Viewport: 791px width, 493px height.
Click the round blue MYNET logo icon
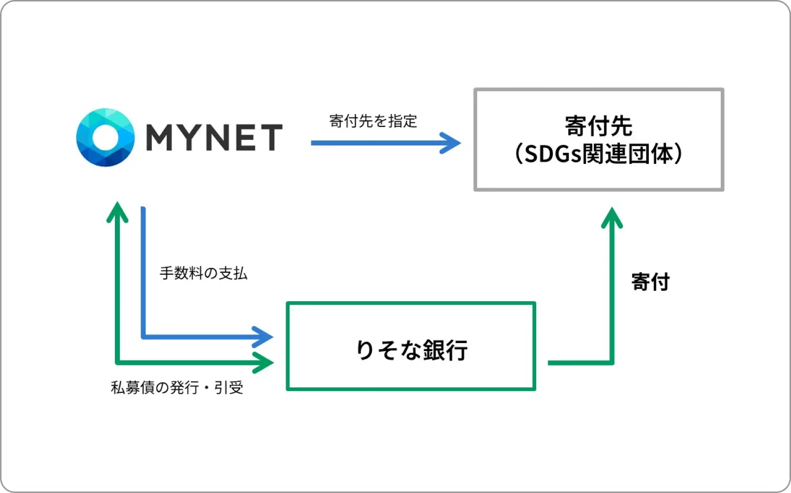pyautogui.click(x=105, y=137)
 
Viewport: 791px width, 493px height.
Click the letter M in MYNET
pyautogui.click(x=161, y=137)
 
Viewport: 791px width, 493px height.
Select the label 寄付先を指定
pyautogui.click(x=373, y=121)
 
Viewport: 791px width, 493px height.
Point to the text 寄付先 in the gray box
pyautogui.click(x=598, y=126)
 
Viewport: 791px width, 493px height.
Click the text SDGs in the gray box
pyautogui.click(x=553, y=154)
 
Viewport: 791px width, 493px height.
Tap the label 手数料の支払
pyautogui.click(x=203, y=273)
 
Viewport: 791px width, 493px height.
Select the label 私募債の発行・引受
pyautogui.click(x=177, y=387)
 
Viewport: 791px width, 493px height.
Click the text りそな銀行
pyautogui.click(x=411, y=350)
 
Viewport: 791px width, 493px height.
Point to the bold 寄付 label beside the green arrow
pyautogui.click(x=650, y=282)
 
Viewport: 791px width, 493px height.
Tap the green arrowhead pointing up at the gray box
pyautogui.click(x=612, y=217)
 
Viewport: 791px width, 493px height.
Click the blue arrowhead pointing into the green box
pyautogui.click(x=263, y=337)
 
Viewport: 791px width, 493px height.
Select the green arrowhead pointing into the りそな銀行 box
pyautogui.click(x=263, y=363)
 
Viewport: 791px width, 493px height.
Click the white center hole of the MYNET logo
pyautogui.click(x=105, y=137)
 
